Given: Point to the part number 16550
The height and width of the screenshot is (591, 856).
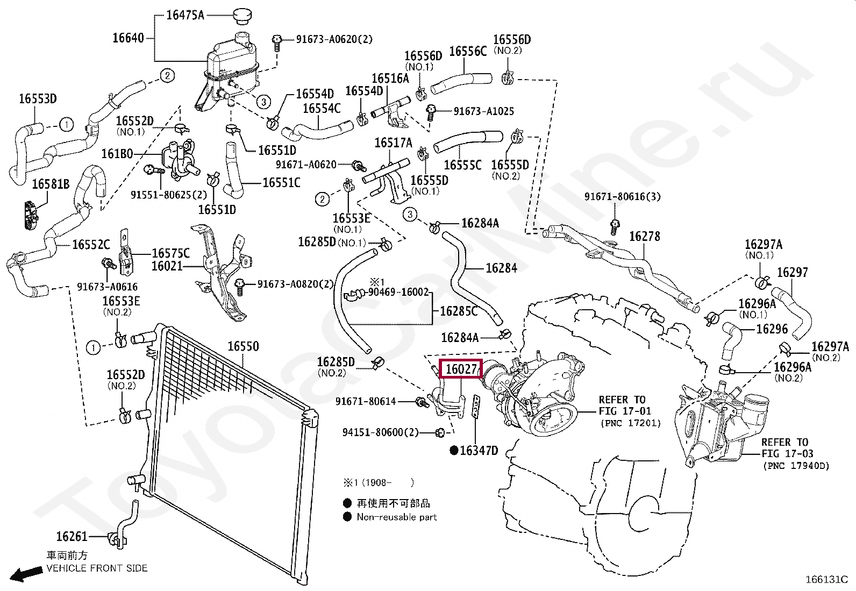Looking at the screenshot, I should click(x=243, y=346).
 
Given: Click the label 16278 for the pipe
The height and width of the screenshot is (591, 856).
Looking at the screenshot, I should click(x=644, y=236).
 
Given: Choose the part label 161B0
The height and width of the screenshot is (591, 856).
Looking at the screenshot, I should click(x=117, y=154).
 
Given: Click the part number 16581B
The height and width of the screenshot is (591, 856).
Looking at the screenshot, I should click(x=51, y=184).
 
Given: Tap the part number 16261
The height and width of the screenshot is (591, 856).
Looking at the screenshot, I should click(x=72, y=536).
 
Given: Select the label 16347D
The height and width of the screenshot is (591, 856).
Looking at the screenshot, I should click(x=479, y=451).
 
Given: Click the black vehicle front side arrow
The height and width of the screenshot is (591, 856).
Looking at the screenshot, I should click(x=27, y=574).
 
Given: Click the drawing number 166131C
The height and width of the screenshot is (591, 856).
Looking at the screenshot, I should click(x=826, y=580).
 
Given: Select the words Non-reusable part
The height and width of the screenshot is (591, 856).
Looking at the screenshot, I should click(x=397, y=517).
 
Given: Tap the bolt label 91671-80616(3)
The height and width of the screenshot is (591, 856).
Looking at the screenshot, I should click(x=623, y=197).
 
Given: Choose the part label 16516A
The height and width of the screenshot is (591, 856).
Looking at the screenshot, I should click(x=390, y=79).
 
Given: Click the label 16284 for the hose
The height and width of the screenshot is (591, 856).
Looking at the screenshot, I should click(x=501, y=268).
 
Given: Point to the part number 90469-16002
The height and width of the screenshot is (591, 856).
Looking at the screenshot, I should click(x=398, y=292).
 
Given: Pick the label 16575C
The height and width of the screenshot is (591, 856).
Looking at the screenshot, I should click(x=170, y=253).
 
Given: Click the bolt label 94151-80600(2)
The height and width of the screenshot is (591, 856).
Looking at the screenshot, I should click(x=381, y=432).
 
